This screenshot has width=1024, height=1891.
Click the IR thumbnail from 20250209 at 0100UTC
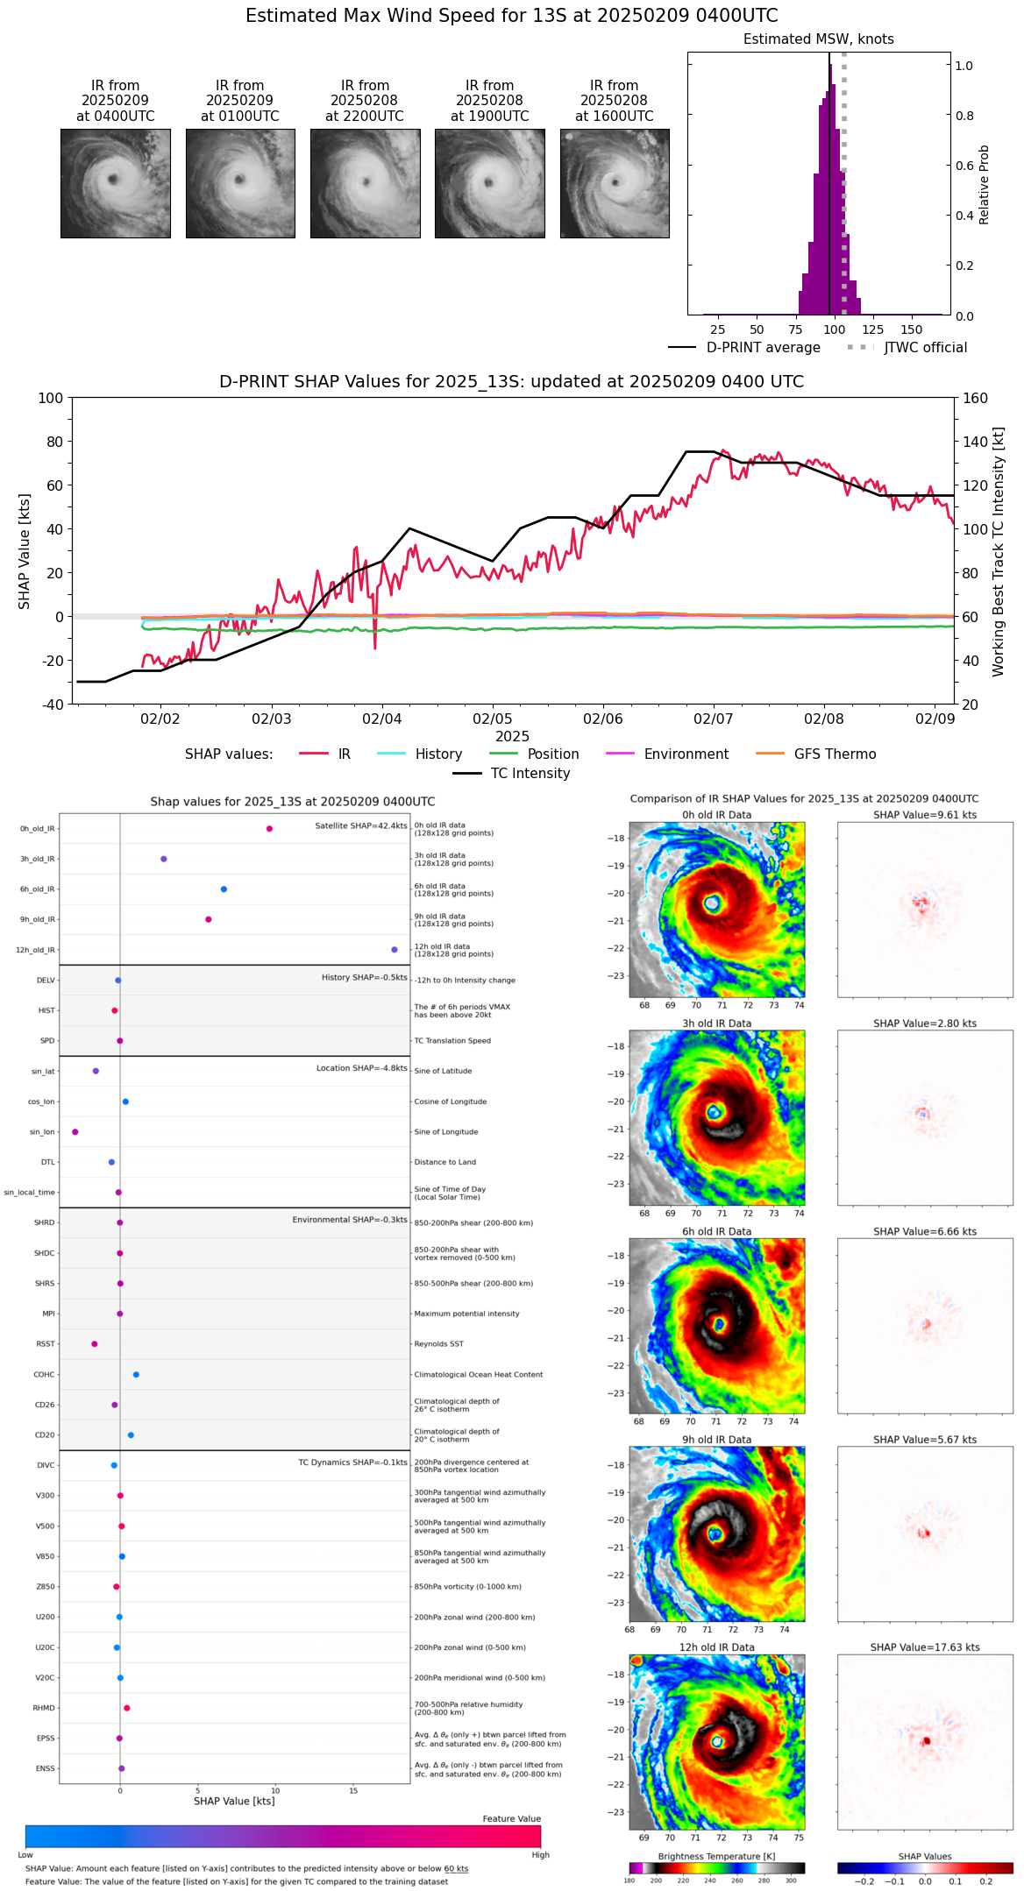(x=240, y=183)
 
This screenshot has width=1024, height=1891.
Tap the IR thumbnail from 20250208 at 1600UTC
(x=615, y=183)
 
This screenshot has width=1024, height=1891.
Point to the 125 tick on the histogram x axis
(x=872, y=330)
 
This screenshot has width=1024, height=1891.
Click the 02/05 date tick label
(x=493, y=719)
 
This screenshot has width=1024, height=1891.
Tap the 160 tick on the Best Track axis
(x=975, y=399)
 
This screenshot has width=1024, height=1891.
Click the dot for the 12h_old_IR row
(x=395, y=950)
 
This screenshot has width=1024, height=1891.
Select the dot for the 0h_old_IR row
(x=269, y=829)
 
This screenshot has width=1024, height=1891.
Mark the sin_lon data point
(x=75, y=1132)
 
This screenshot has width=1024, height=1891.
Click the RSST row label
(x=46, y=1344)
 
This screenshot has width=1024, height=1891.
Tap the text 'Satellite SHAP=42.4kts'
(x=361, y=826)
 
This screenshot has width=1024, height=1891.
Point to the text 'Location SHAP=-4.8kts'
(x=361, y=1069)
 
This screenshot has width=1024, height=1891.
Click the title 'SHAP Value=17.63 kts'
(x=925, y=1648)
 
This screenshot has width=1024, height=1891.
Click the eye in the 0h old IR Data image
(x=712, y=903)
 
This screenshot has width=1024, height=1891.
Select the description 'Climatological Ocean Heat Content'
(x=478, y=1375)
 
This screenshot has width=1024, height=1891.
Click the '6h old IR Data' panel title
(x=716, y=1232)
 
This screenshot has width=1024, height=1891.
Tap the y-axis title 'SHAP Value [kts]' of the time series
(x=25, y=551)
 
